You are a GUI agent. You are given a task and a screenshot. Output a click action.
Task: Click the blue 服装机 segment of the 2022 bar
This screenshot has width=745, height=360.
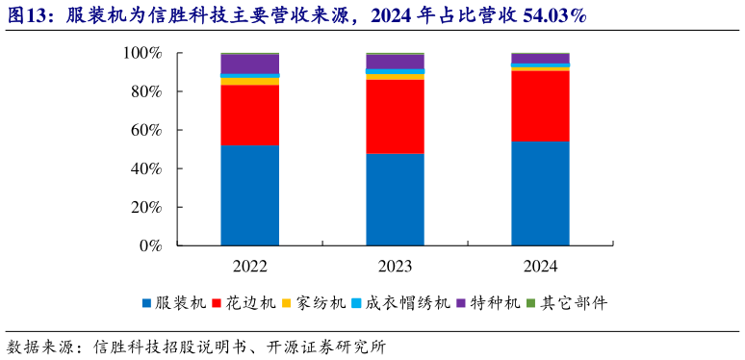(x=249, y=195)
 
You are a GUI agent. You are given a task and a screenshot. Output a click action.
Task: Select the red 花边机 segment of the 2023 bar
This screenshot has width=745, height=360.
(x=395, y=116)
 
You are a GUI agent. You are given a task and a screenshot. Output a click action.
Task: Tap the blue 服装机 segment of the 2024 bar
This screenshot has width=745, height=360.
(x=540, y=193)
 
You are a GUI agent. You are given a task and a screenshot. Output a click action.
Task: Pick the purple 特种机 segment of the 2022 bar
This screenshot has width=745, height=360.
(x=249, y=64)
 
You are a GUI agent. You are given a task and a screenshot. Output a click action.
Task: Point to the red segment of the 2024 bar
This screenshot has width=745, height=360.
(x=540, y=106)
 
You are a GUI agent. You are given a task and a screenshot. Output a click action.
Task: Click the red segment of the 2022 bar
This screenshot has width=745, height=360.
(x=249, y=116)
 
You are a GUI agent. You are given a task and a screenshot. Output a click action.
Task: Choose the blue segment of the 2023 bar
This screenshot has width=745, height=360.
(x=395, y=199)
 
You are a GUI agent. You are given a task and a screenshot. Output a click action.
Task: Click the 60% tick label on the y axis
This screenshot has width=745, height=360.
(x=145, y=130)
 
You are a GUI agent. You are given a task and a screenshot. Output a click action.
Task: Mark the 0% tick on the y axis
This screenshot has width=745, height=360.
(x=149, y=245)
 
